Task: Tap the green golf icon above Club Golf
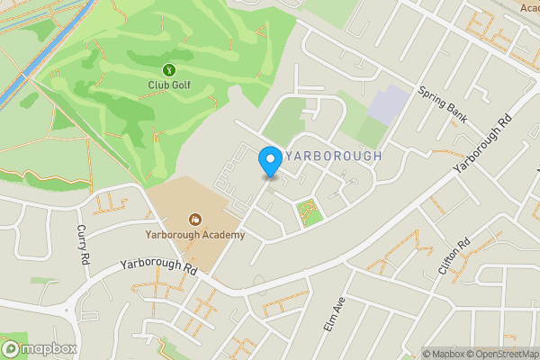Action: point(168,69)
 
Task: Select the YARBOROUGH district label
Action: point(332,156)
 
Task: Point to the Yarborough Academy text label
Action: point(194,235)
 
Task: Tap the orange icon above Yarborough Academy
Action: point(194,219)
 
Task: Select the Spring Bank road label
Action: point(444,104)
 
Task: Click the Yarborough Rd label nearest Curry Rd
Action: point(158,268)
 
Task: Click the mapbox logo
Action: point(40,348)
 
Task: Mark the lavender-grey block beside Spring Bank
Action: point(388,105)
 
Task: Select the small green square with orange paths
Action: point(309,213)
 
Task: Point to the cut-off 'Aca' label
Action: point(529,7)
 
